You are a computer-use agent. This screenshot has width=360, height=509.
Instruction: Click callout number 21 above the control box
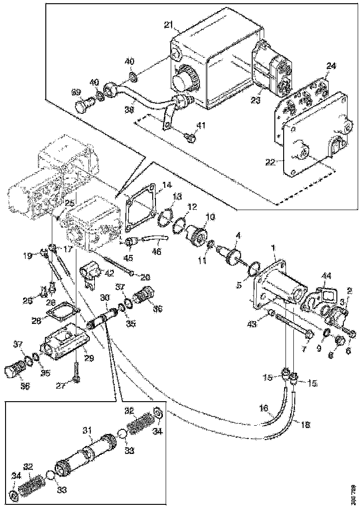click(x=169, y=24)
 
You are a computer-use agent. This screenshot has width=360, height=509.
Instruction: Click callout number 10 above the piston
click(x=211, y=216)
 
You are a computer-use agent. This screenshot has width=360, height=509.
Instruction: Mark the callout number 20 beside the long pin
click(x=144, y=277)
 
